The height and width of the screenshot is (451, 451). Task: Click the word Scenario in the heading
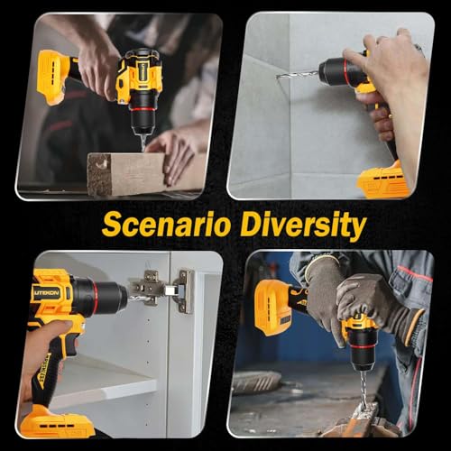click(166, 225)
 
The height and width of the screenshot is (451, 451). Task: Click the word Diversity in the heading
click(303, 225)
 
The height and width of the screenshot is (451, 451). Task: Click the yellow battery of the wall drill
click(381, 179)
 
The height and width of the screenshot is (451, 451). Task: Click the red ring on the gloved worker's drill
click(362, 346)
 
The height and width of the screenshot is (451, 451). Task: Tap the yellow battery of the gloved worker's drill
click(270, 308)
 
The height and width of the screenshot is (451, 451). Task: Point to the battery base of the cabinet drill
click(57, 421)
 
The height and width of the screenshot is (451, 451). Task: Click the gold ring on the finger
click(391, 115)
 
